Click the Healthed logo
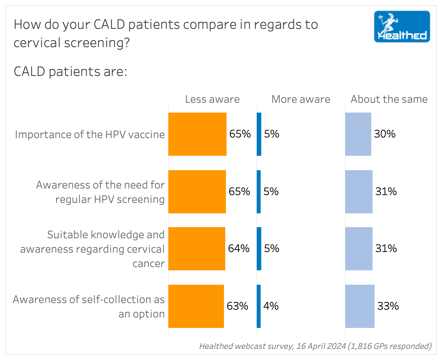point(402,27)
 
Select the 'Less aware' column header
point(212,99)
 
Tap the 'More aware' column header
point(301,99)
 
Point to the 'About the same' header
point(389,99)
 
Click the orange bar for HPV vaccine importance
point(197,134)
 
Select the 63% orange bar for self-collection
point(196,306)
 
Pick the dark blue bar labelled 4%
point(259,306)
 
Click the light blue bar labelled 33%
point(359,306)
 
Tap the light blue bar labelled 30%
point(358,134)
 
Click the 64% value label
point(239,248)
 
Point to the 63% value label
point(237,306)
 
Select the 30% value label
point(385,134)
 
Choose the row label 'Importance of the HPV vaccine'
point(90,135)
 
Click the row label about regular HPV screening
point(100,192)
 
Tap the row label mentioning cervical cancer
point(92,249)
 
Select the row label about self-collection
point(89,307)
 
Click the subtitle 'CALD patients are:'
point(70,72)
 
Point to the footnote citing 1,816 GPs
point(315,346)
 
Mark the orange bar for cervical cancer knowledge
point(196,249)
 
